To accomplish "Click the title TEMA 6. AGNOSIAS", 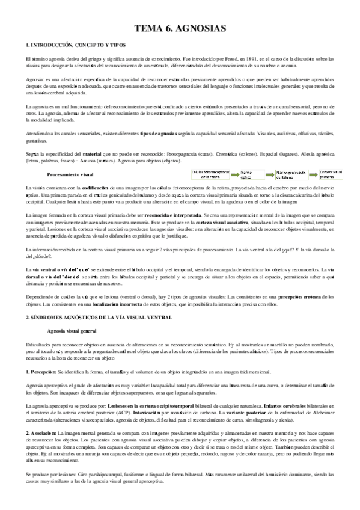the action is point(180,28).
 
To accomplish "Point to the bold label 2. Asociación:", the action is point(41,434).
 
